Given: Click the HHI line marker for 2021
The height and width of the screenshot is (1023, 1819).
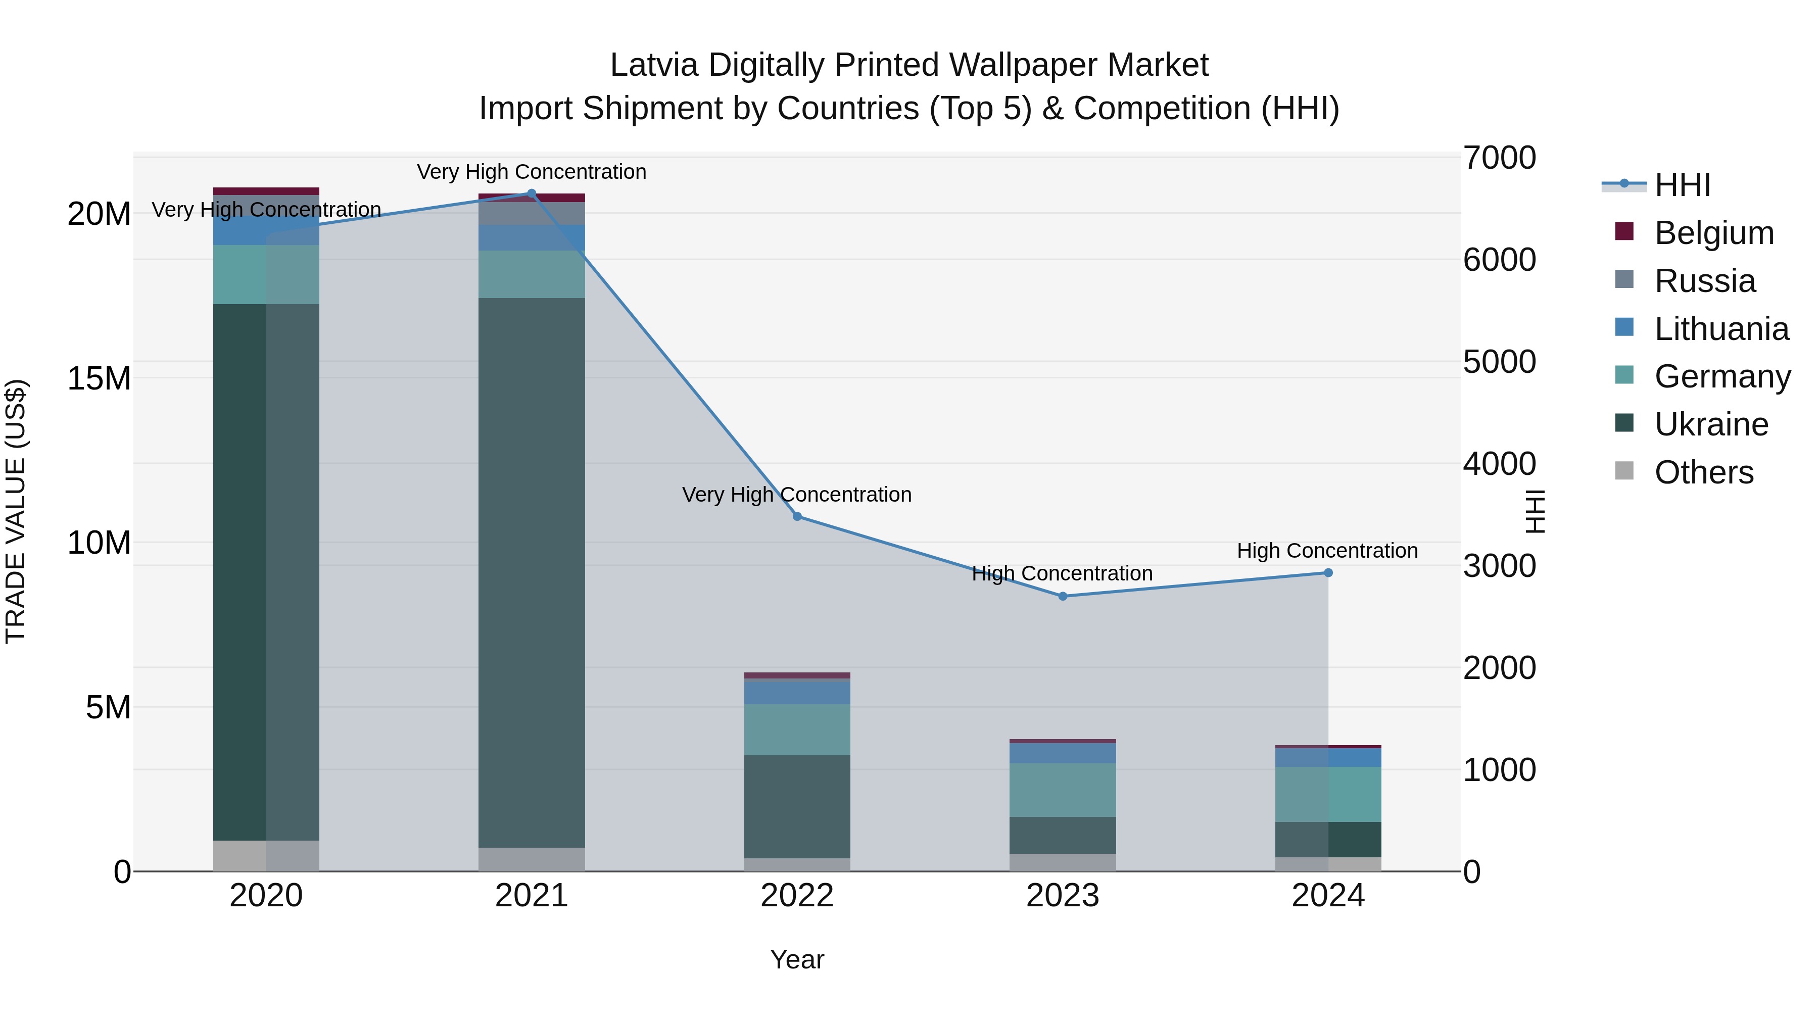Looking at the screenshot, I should pos(532,193).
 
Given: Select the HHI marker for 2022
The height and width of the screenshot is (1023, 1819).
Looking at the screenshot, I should pos(797,517).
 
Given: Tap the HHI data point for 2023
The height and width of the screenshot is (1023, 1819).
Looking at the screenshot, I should pos(1063,597).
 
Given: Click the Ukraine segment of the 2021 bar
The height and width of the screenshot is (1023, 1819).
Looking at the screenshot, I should pos(532,572).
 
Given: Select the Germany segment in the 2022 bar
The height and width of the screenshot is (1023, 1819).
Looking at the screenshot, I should pos(797,729).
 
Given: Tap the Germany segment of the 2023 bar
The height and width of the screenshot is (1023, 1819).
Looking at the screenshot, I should pos(1063,790).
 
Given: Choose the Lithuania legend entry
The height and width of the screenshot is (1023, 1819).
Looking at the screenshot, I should pos(1721,329).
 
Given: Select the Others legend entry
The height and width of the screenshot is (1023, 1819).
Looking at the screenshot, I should pos(1703,472).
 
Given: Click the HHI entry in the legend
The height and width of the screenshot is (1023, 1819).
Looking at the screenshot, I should pos(1682,185).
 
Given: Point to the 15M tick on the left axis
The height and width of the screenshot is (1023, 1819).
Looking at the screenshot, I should pos(99,378).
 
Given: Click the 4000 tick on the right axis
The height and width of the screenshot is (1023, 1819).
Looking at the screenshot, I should pos(1499,464).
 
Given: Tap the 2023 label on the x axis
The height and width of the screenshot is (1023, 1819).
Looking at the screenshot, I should pos(1063,896).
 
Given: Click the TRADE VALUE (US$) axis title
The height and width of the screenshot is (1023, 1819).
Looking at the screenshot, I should pos(16,511).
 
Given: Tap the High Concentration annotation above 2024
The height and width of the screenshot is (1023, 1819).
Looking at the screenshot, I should pos(1327,551).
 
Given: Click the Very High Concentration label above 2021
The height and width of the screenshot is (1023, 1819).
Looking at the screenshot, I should pos(532,172).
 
